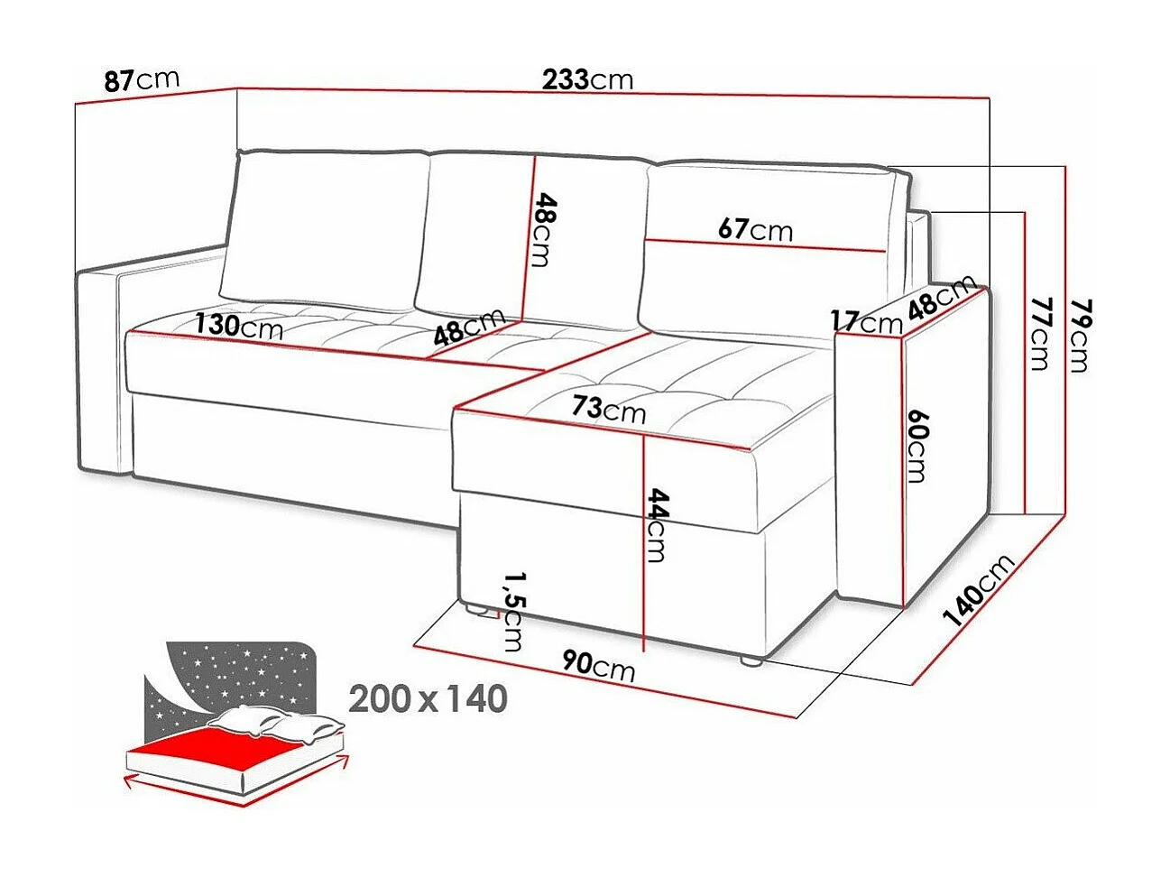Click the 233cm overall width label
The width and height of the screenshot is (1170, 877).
click(587, 79)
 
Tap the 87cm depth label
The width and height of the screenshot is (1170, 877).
click(142, 79)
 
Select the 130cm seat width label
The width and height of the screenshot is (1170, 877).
click(239, 325)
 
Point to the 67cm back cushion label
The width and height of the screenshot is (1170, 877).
click(755, 230)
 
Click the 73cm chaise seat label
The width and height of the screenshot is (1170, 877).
click(608, 410)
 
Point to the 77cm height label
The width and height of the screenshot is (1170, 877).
click(1039, 333)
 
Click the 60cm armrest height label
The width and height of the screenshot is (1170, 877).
click(917, 446)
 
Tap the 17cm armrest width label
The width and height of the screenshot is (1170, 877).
click(866, 320)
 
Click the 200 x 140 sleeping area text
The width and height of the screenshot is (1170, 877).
click(428, 698)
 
